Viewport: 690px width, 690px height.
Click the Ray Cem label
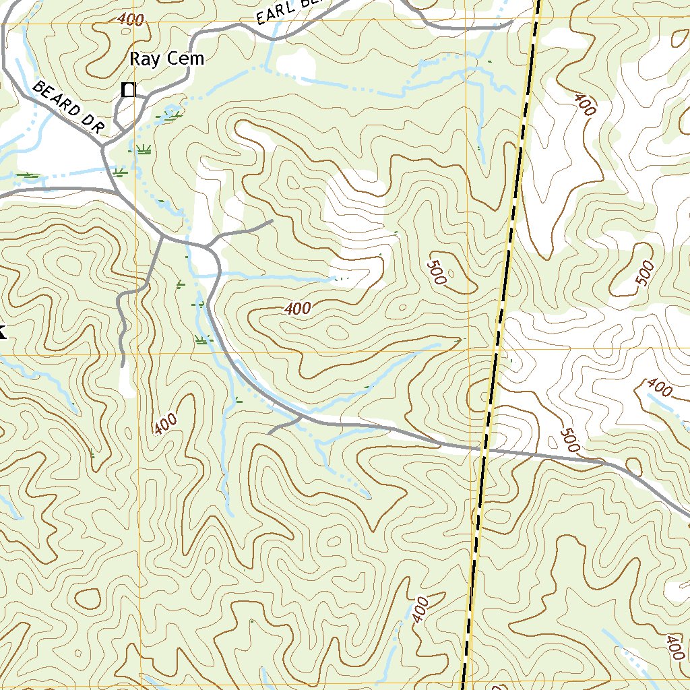point(166,59)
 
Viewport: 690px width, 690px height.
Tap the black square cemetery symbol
point(128,90)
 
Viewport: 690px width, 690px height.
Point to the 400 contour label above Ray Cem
point(130,20)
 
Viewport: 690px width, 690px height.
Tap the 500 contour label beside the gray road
point(569,440)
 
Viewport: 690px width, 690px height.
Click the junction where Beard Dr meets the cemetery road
point(104,148)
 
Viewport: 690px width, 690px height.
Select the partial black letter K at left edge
point(2,331)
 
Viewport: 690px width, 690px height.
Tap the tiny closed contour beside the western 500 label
point(451,274)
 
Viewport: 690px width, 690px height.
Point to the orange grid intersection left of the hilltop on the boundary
point(470,352)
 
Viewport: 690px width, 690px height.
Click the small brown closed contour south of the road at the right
point(634,466)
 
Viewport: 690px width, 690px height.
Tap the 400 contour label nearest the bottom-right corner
point(674,647)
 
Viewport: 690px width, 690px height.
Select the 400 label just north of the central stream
point(297,309)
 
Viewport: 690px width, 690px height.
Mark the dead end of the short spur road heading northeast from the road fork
point(272,220)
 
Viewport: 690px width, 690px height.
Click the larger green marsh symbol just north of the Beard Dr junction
point(143,149)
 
